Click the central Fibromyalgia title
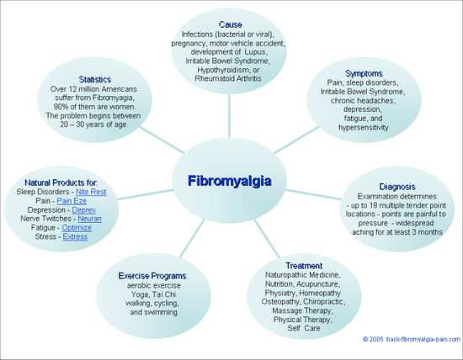pos(230,181)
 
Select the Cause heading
pos(231,24)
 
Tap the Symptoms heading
pos(364,73)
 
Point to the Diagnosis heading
pos(397,187)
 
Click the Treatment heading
pos(304,266)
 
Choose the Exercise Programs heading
pos(152,276)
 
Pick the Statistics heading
pos(95,79)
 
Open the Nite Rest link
pos(91,192)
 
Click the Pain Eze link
pos(72,201)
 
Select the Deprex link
pos(84,210)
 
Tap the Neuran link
pos(90,219)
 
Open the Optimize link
pos(77,228)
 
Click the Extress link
pos(75,236)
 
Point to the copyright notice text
pos(412,339)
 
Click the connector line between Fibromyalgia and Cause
pos(229,116)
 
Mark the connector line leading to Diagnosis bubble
pos(313,194)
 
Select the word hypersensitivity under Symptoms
pos(363,128)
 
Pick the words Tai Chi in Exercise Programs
pos(162,294)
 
